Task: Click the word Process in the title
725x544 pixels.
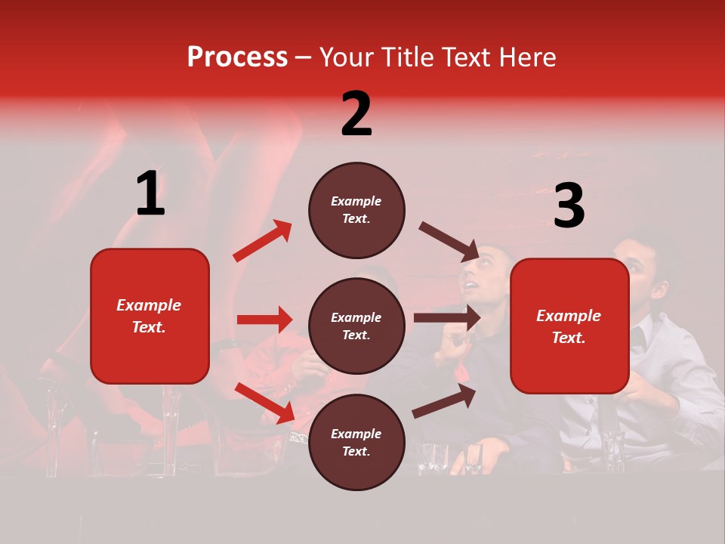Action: [x=237, y=57]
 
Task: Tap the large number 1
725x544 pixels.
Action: [x=150, y=194]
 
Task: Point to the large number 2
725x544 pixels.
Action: [x=356, y=114]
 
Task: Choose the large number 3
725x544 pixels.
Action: [x=569, y=206]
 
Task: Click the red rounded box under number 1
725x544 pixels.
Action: [x=150, y=316]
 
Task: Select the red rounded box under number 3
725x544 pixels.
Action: [x=569, y=326]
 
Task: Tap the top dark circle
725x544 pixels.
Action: [x=356, y=210]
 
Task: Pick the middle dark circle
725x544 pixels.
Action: [x=356, y=326]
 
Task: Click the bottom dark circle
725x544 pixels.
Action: [x=356, y=442]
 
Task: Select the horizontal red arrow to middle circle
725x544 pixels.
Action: [x=264, y=320]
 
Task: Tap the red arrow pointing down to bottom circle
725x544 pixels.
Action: [x=265, y=402]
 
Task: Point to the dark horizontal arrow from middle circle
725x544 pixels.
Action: [x=446, y=318]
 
